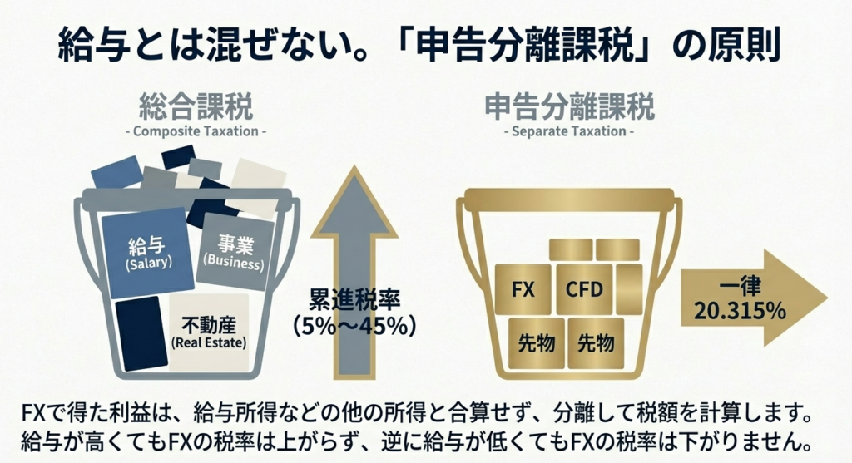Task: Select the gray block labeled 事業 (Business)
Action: point(237,252)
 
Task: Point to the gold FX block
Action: point(523,290)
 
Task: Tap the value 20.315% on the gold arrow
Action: point(740,312)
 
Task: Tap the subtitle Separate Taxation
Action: point(568,131)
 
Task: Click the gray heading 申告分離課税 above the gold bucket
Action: point(569,107)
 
